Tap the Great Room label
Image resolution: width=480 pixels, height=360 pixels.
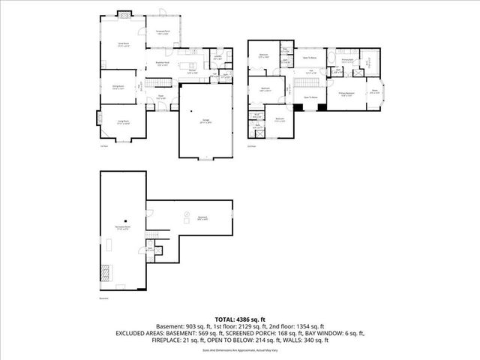[x=123, y=46]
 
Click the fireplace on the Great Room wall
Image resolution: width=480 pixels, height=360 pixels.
[x=124, y=13]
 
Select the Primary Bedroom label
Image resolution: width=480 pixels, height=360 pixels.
[x=346, y=94]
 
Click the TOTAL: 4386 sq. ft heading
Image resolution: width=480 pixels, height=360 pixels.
[x=240, y=319]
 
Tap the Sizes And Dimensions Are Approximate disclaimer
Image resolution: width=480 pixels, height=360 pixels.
[x=240, y=349]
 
